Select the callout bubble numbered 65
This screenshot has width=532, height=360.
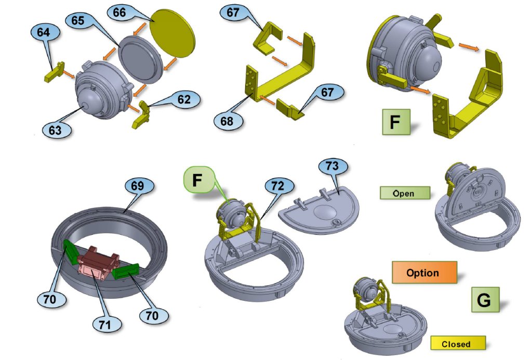tap(77, 20)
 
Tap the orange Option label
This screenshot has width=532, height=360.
tap(424, 272)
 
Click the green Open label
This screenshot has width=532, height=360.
tap(405, 193)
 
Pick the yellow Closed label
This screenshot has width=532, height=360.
tap(458, 343)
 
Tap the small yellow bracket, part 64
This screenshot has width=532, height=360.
tap(54, 72)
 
